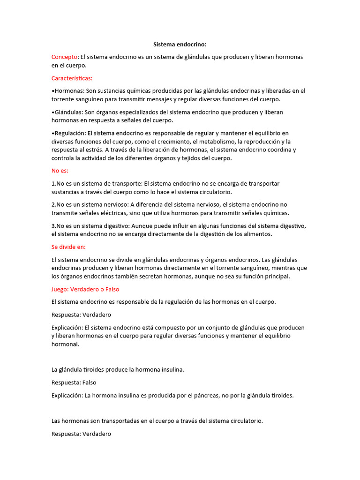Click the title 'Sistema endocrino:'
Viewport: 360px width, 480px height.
point(180,45)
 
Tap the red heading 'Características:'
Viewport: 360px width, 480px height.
point(72,78)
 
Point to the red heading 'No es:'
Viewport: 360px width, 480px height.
point(60,171)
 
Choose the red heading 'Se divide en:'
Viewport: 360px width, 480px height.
point(68,247)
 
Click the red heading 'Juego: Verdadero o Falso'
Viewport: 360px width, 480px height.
point(85,289)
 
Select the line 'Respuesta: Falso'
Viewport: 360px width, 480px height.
point(74,382)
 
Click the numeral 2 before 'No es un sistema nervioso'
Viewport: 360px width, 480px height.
point(53,205)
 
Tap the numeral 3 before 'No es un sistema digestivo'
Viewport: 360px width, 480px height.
point(53,226)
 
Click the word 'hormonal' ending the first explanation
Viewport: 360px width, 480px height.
point(65,345)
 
